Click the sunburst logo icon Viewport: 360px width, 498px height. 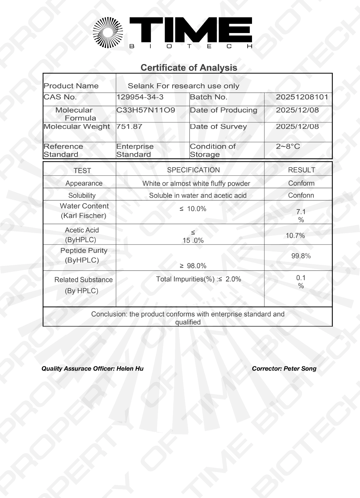click(108, 32)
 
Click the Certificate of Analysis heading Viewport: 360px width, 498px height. click(189, 68)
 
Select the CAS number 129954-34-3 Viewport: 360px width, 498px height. click(140, 97)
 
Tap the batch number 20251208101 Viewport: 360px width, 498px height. click(302, 97)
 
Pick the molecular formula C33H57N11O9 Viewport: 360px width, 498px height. click(146, 110)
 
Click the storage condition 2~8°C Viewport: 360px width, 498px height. click(288, 146)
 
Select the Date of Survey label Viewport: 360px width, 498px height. click(218, 127)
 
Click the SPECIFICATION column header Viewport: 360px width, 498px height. click(193, 170)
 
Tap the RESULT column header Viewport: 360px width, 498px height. click(301, 170)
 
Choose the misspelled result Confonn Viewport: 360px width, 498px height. click(301, 195)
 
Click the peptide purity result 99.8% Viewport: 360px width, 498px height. click(301, 256)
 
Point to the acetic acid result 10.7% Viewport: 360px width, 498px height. click(295, 236)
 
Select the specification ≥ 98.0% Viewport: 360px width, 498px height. click(193, 266)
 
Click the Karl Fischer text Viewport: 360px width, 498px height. click(83, 216)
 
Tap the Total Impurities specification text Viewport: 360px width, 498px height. click(199, 279)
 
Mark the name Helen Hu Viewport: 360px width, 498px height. click(130, 369)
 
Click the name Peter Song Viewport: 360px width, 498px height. click(300, 369)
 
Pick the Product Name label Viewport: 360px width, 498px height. click(71, 86)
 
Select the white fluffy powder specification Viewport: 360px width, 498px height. click(196, 183)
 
